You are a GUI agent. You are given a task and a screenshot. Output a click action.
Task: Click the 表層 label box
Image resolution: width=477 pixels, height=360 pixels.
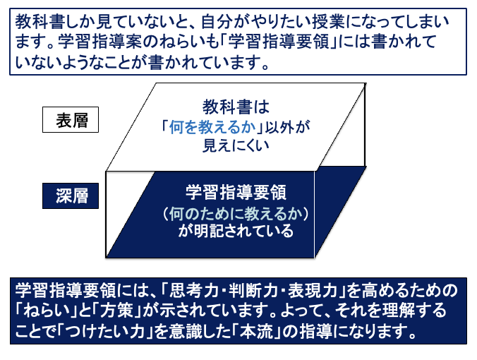pyautogui.click(x=71, y=119)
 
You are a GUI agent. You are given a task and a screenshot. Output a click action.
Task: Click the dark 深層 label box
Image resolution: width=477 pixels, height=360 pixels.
pyautogui.click(x=71, y=196)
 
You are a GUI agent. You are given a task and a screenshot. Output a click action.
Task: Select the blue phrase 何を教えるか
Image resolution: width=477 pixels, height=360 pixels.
pyautogui.click(x=212, y=127)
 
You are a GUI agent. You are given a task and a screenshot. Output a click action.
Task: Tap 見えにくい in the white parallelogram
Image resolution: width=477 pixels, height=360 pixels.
pyautogui.click(x=236, y=145)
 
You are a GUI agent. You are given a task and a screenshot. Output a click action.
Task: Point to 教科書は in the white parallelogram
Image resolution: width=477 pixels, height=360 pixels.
pyautogui.click(x=236, y=107)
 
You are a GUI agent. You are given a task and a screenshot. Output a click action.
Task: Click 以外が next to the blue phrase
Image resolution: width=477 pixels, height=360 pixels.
pyautogui.click(x=287, y=127)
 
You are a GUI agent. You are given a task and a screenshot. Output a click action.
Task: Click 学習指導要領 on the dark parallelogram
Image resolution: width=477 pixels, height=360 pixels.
pyautogui.click(x=236, y=193)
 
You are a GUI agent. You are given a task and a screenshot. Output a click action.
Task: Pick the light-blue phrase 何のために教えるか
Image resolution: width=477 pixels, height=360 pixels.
pyautogui.click(x=236, y=213)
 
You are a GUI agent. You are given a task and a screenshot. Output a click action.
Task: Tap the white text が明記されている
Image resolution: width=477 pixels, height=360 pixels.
pyautogui.click(x=236, y=231)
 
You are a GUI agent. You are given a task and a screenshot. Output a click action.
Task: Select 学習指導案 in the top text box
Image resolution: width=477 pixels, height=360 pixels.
pyautogui.click(x=99, y=42)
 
